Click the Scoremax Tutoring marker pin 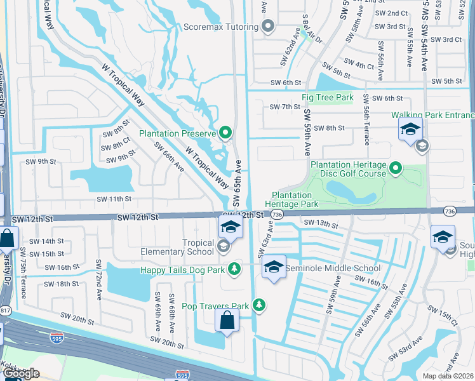(268, 27)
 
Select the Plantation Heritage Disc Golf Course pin (396, 169)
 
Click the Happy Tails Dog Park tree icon (234, 269)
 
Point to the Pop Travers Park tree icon (259, 305)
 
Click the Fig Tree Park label (327, 98)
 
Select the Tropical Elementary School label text (198, 247)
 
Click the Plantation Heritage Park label (295, 200)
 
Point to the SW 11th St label (113, 199)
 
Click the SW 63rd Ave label (265, 239)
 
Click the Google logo (21, 374)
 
